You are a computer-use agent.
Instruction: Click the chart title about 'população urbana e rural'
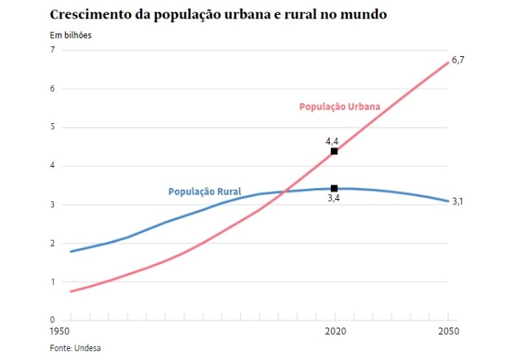point(217,15)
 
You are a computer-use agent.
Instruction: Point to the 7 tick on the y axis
point(52,50)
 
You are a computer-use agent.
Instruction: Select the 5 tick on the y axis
point(52,128)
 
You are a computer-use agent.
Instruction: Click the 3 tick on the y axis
point(52,204)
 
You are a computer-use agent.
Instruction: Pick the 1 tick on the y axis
point(52,282)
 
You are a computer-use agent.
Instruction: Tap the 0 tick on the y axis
point(52,320)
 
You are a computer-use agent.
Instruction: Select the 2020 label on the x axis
point(335,333)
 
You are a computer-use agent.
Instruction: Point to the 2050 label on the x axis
point(449,333)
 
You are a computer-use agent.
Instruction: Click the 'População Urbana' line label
point(340,107)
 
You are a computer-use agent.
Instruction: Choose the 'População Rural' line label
point(205,192)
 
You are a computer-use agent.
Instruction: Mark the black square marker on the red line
point(334,151)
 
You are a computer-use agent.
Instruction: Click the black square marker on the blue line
point(334,189)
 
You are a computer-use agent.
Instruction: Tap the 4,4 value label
point(332,140)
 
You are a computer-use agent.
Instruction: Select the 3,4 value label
point(333,199)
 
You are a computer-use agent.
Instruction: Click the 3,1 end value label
point(458,201)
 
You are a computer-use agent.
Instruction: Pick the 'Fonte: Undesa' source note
point(74,348)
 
